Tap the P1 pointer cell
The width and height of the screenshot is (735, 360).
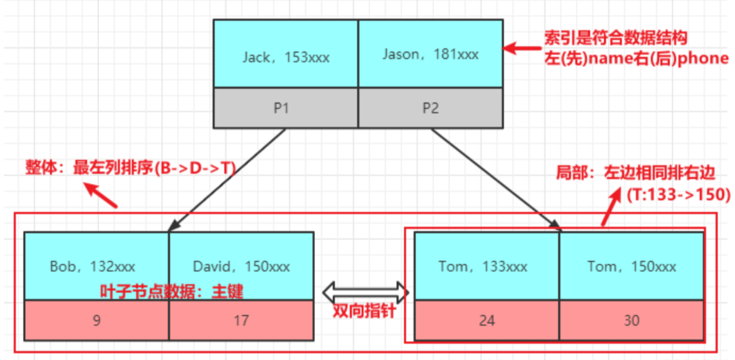click(x=285, y=108)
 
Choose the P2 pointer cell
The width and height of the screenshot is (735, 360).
click(x=430, y=108)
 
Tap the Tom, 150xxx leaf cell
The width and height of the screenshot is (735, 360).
click(x=631, y=265)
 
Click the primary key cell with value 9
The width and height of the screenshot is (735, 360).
click(x=96, y=319)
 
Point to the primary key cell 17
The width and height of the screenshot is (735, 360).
click(x=241, y=319)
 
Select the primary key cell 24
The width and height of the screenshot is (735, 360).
click(x=486, y=320)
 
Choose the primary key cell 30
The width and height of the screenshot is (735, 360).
click(x=631, y=320)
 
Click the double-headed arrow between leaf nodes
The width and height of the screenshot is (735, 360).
click(x=366, y=293)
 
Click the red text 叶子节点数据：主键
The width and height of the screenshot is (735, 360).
click(x=171, y=291)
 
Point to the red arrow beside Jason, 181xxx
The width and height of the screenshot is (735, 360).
click(x=521, y=48)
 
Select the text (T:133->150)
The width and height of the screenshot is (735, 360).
click(x=677, y=194)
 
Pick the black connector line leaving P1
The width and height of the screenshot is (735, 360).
click(x=225, y=180)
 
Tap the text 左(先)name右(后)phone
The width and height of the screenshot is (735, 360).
click(x=636, y=58)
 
